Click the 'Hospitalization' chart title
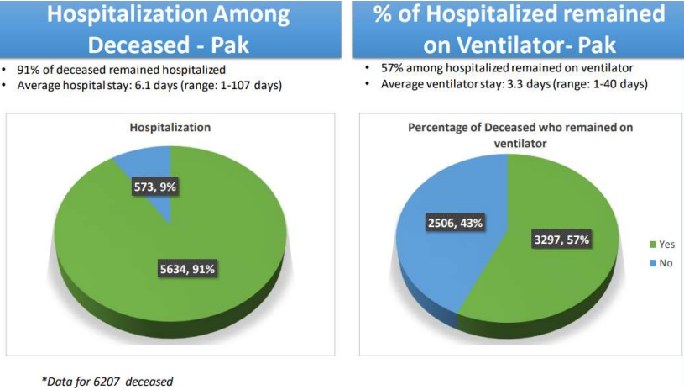[x=170, y=128]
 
